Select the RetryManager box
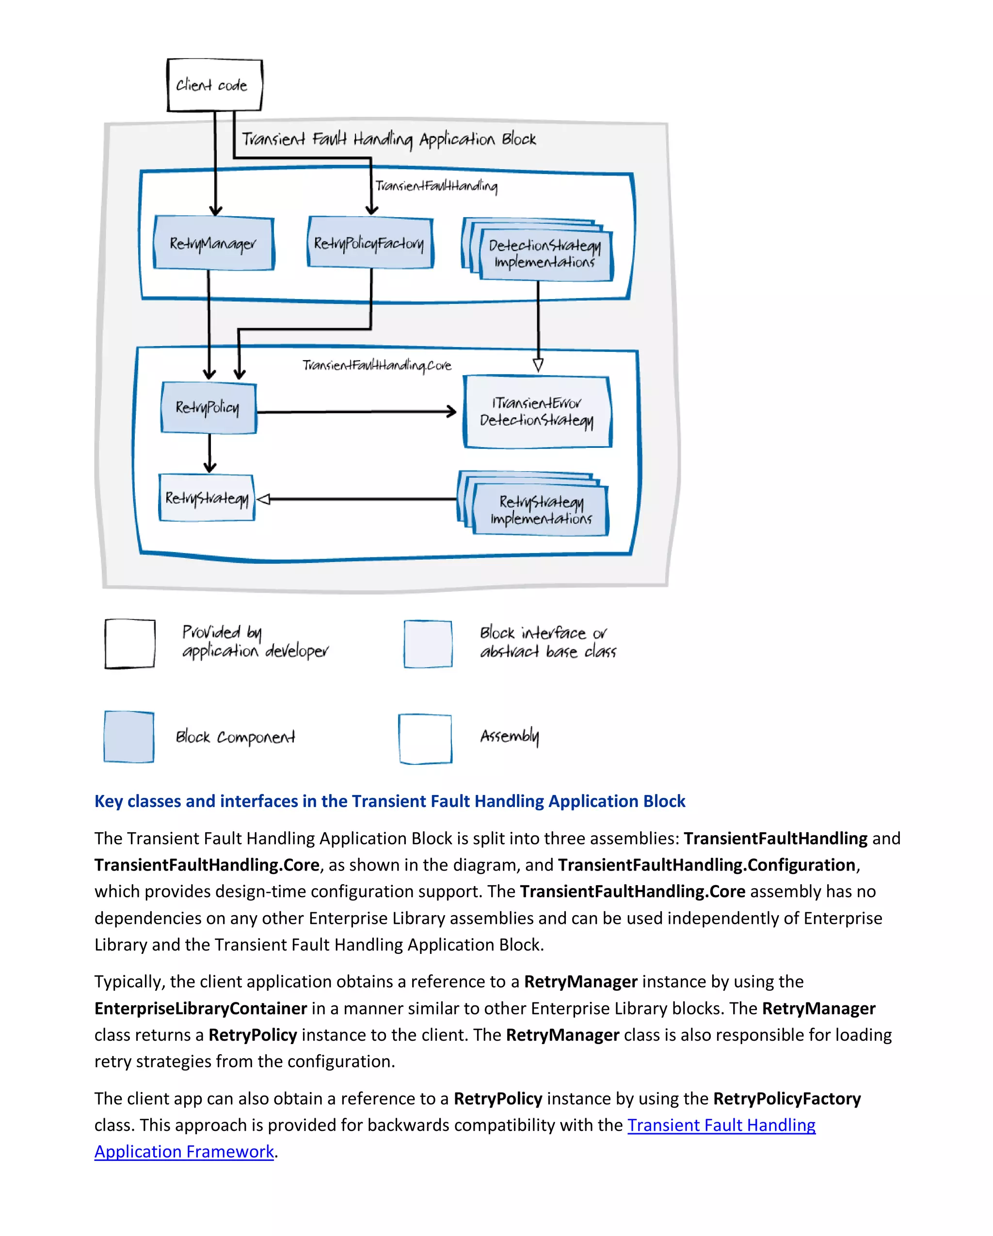(213, 243)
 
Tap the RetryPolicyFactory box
(370, 243)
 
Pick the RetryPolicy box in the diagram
(208, 408)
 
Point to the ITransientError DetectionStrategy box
(537, 412)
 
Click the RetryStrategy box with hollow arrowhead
(207, 498)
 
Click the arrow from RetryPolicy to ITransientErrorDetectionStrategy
(355, 412)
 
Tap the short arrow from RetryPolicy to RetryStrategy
(210, 453)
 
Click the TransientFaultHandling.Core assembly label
(377, 365)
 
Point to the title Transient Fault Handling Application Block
(388, 139)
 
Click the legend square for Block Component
(129, 737)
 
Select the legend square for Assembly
(425, 738)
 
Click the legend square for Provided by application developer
(129, 643)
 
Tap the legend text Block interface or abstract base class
(547, 642)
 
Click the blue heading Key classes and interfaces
(389, 801)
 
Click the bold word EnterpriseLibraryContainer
(201, 1008)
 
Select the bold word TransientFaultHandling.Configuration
(706, 865)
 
